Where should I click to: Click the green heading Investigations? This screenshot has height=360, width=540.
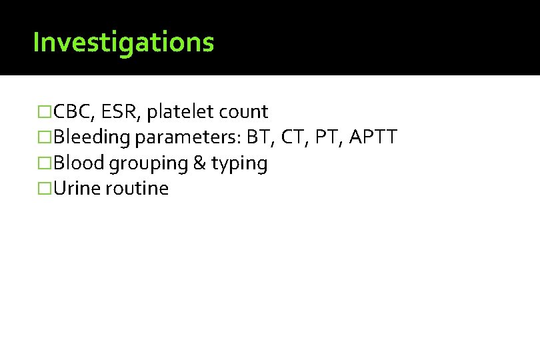[123, 43]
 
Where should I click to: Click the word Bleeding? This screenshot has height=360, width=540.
[93, 138]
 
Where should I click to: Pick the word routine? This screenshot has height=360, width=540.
[137, 189]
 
